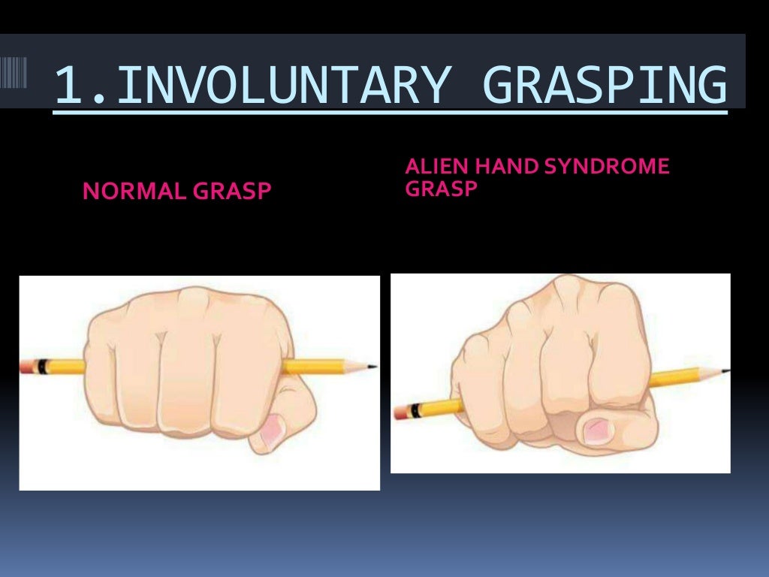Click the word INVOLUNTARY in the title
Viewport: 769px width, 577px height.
pos(278,86)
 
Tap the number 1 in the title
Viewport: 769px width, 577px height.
pos(68,86)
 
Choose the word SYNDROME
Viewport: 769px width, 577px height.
pos(605,167)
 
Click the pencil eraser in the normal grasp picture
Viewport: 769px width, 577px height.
pos(29,367)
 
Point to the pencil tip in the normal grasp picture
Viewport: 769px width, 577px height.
pos(372,367)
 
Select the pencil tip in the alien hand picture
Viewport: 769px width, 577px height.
pos(725,370)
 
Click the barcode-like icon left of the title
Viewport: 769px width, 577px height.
pos(14,76)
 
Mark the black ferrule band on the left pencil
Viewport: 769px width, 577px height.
pos(44,367)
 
